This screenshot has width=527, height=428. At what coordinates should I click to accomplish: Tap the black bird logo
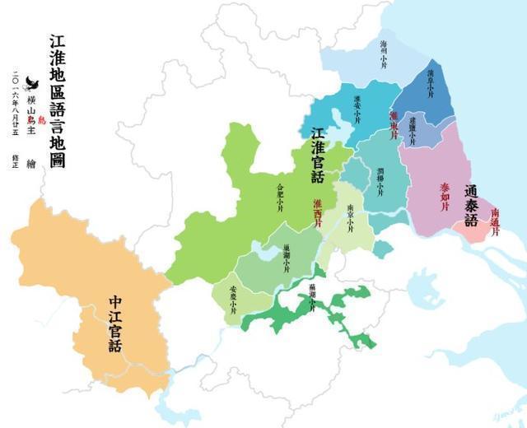click(x=33, y=82)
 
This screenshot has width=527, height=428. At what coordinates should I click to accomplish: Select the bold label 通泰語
click(x=471, y=204)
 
